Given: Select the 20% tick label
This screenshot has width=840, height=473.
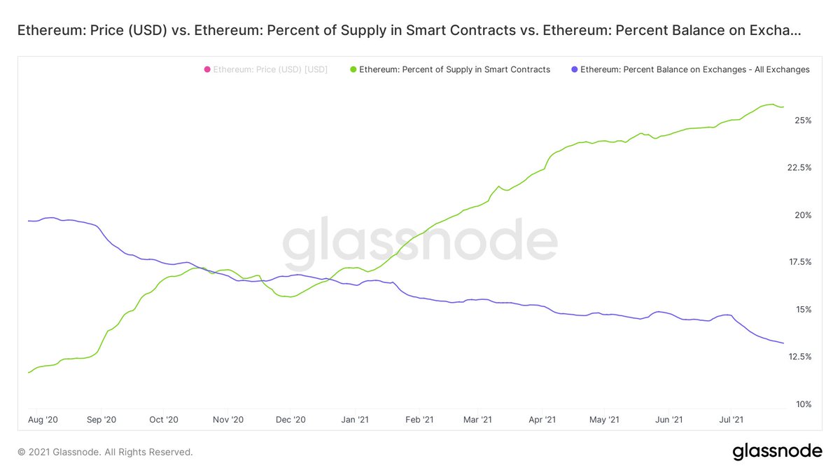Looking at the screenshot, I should point(801,215).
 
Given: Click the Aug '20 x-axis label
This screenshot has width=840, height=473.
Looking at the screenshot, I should point(42,420).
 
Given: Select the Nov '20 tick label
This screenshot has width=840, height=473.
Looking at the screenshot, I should point(228,420).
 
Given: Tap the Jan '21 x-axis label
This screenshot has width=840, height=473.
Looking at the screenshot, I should point(354,420).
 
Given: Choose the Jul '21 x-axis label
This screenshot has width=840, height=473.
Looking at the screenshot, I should point(731,420).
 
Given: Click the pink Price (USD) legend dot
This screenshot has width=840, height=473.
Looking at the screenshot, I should point(207,70).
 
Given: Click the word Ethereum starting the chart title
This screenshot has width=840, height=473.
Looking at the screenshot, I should point(45,31).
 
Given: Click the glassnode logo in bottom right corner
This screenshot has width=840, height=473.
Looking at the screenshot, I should point(777,452).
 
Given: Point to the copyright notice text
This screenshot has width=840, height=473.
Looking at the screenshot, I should point(105,453).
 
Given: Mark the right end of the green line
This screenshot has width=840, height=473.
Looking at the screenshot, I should point(783,107).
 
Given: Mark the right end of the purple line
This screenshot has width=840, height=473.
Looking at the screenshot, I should point(783,343).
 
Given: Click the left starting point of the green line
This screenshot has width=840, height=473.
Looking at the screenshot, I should point(29,372).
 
